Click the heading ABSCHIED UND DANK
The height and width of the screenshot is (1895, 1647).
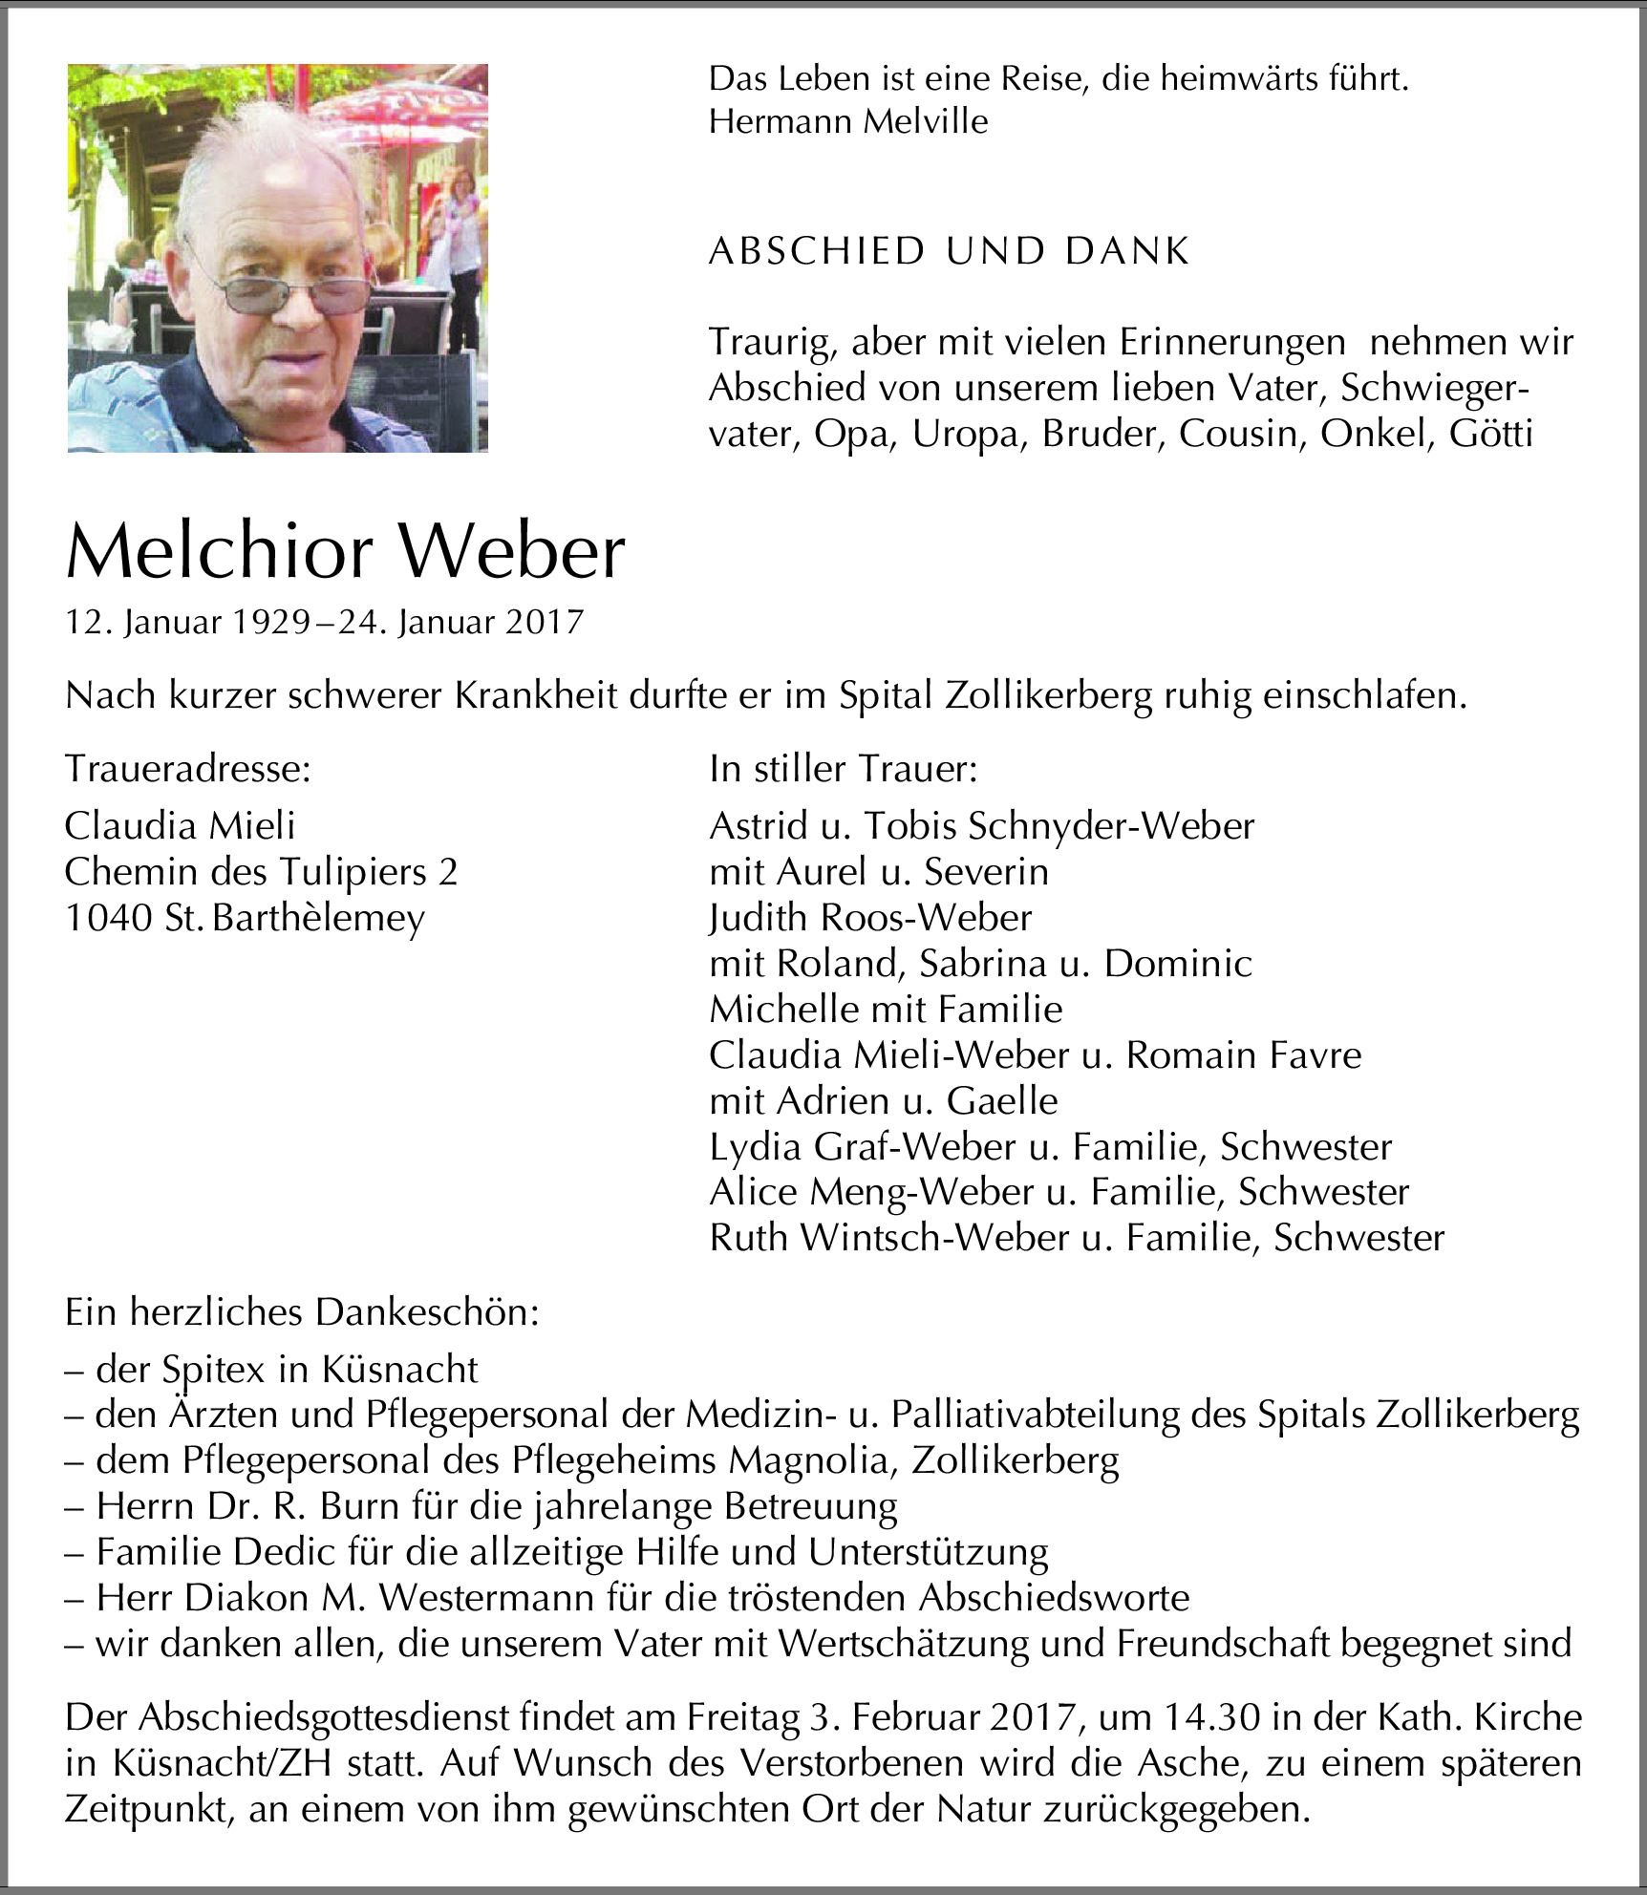(949, 251)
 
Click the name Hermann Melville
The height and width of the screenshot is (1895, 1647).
(848, 121)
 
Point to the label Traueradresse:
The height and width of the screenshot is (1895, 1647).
(188, 768)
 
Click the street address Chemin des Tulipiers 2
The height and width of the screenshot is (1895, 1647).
(261, 872)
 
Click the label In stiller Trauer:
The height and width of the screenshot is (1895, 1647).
(843, 768)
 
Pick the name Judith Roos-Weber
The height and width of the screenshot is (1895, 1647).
(870, 918)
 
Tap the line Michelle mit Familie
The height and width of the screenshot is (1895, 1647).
(886, 1009)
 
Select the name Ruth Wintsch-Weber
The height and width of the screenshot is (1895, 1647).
(888, 1238)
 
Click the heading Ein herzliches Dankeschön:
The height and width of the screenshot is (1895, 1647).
(302, 1312)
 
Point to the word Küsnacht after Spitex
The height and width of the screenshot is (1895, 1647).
(399, 1370)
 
